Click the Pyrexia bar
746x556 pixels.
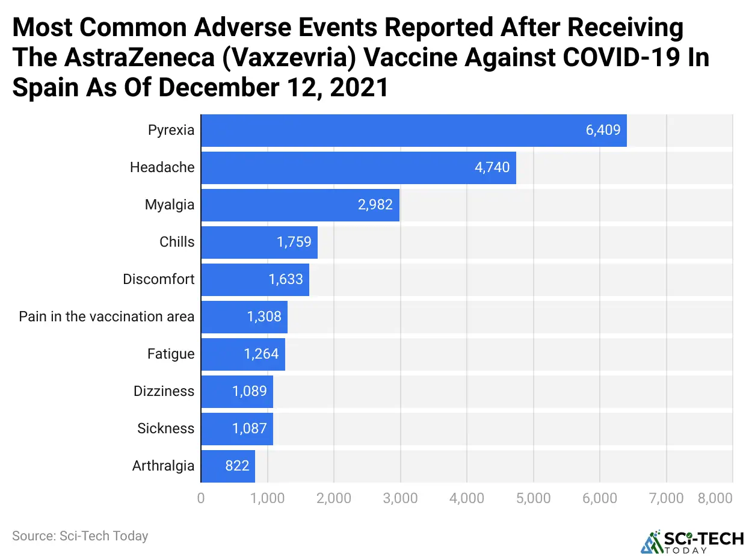point(413,130)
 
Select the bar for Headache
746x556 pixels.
point(358,167)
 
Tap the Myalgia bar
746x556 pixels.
point(300,205)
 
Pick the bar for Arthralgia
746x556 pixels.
point(227,466)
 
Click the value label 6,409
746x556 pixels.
point(603,129)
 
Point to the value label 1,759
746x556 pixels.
point(294,242)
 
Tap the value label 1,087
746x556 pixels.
point(250,428)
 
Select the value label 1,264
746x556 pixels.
point(261,354)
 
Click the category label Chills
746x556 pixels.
point(177,242)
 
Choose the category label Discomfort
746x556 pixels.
point(159,279)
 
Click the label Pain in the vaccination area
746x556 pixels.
point(106,317)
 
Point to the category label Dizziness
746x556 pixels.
point(164,391)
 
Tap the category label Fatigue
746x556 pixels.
point(171,354)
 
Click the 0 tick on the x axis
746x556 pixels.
point(201,498)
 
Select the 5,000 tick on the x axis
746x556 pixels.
point(534,498)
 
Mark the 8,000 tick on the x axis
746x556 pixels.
point(715,498)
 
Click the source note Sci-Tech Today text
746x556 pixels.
point(80,536)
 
